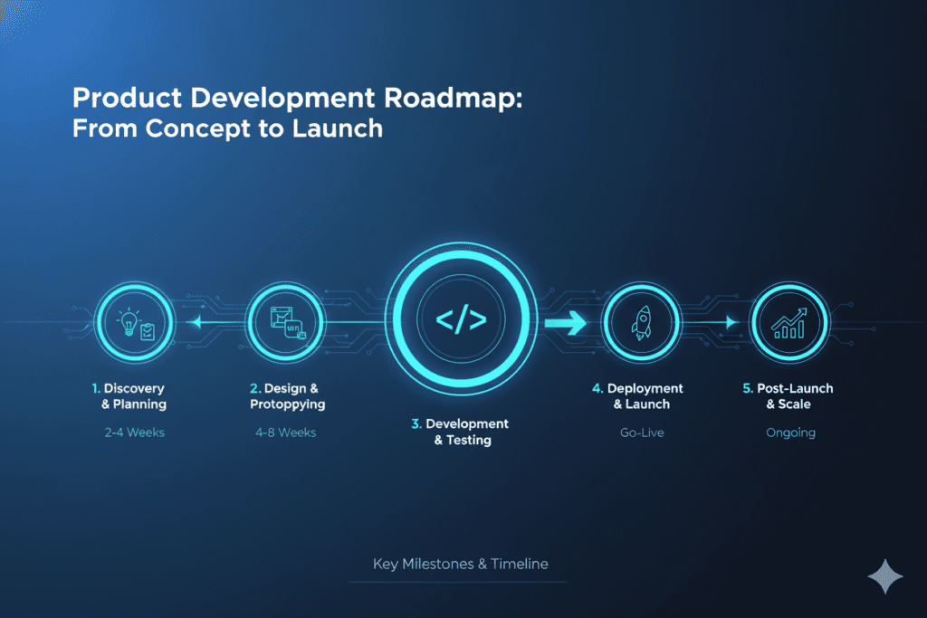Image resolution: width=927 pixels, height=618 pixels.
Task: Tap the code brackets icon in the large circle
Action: click(x=462, y=320)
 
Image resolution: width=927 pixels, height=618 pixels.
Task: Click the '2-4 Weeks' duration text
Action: click(x=134, y=433)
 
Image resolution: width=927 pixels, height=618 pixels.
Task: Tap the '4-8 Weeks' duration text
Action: click(x=285, y=433)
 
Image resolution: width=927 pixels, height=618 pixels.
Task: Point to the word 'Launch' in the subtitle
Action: click(x=338, y=129)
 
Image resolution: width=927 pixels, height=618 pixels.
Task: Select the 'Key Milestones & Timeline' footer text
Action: click(x=460, y=564)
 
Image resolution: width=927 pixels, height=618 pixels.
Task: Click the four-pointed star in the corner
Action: click(x=883, y=575)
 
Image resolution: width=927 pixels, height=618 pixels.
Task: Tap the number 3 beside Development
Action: click(x=417, y=423)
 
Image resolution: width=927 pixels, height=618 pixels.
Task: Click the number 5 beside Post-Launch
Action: click(x=747, y=388)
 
